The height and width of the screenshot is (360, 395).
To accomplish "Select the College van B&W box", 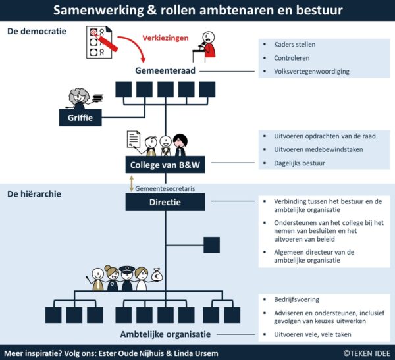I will coord(165,165).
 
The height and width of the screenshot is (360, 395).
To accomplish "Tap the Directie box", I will coord(165,202).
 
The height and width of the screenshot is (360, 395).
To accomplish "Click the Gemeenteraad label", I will coord(165,70).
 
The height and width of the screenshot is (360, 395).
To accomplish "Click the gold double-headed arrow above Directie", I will coord(132,183).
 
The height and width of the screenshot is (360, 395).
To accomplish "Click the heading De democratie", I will coord(36,31).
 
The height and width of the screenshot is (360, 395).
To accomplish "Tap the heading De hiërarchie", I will coord(36,194).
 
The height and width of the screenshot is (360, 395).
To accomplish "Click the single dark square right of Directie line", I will coord(211,245).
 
